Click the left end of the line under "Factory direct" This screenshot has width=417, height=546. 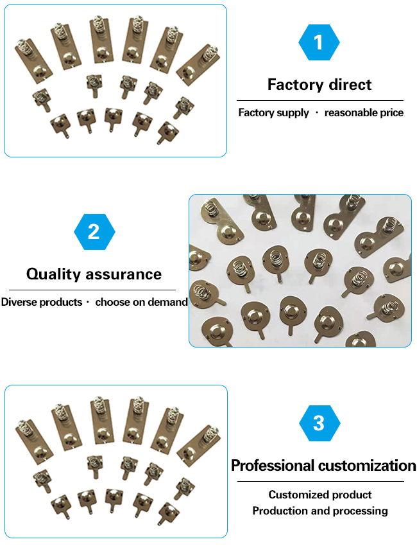click(237, 101)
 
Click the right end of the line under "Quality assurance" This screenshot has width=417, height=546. click(176, 290)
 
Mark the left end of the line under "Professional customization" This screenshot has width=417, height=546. click(237, 482)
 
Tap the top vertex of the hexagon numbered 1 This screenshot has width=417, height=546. click(319, 24)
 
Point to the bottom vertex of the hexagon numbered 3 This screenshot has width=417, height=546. click(319, 441)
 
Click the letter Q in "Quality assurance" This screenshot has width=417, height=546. click(32, 274)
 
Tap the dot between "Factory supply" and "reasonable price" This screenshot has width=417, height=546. click(316, 112)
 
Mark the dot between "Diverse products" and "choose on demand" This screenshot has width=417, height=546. click(88, 302)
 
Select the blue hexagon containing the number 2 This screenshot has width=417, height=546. click(94, 232)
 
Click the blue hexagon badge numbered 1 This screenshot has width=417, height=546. click(319, 42)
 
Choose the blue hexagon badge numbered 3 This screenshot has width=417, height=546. click(319, 423)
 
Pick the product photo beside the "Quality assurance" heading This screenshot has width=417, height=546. click(300, 270)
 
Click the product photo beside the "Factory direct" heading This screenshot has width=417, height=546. click(115, 80)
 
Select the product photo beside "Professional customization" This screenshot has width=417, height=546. click(116, 461)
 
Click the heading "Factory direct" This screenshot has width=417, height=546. click(319, 85)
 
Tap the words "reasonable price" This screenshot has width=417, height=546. click(364, 112)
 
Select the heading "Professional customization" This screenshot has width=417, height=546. click(323, 466)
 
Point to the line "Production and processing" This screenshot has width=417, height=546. click(320, 511)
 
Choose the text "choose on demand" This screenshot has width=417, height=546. click(142, 302)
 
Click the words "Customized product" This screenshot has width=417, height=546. click(320, 495)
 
